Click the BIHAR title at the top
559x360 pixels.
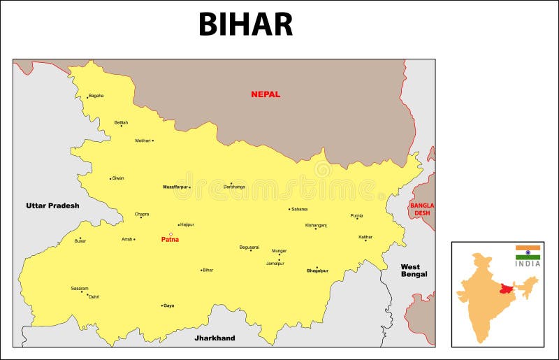click(245, 24)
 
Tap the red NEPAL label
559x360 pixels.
click(266, 94)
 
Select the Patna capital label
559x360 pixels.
click(170, 240)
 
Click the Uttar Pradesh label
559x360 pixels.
click(52, 206)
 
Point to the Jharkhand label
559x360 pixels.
click(215, 338)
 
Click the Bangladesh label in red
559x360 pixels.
click(422, 210)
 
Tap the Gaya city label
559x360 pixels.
click(168, 305)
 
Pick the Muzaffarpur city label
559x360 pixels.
click(175, 187)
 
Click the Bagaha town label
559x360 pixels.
click(96, 96)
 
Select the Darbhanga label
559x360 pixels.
click(234, 187)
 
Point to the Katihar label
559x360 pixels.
click(365, 237)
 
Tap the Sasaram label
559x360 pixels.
click(80, 288)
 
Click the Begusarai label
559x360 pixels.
click(249, 247)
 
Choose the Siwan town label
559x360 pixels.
click(118, 178)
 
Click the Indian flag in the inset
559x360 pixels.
click(528, 252)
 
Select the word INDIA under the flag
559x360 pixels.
click(528, 264)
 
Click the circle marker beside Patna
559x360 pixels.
click(171, 234)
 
